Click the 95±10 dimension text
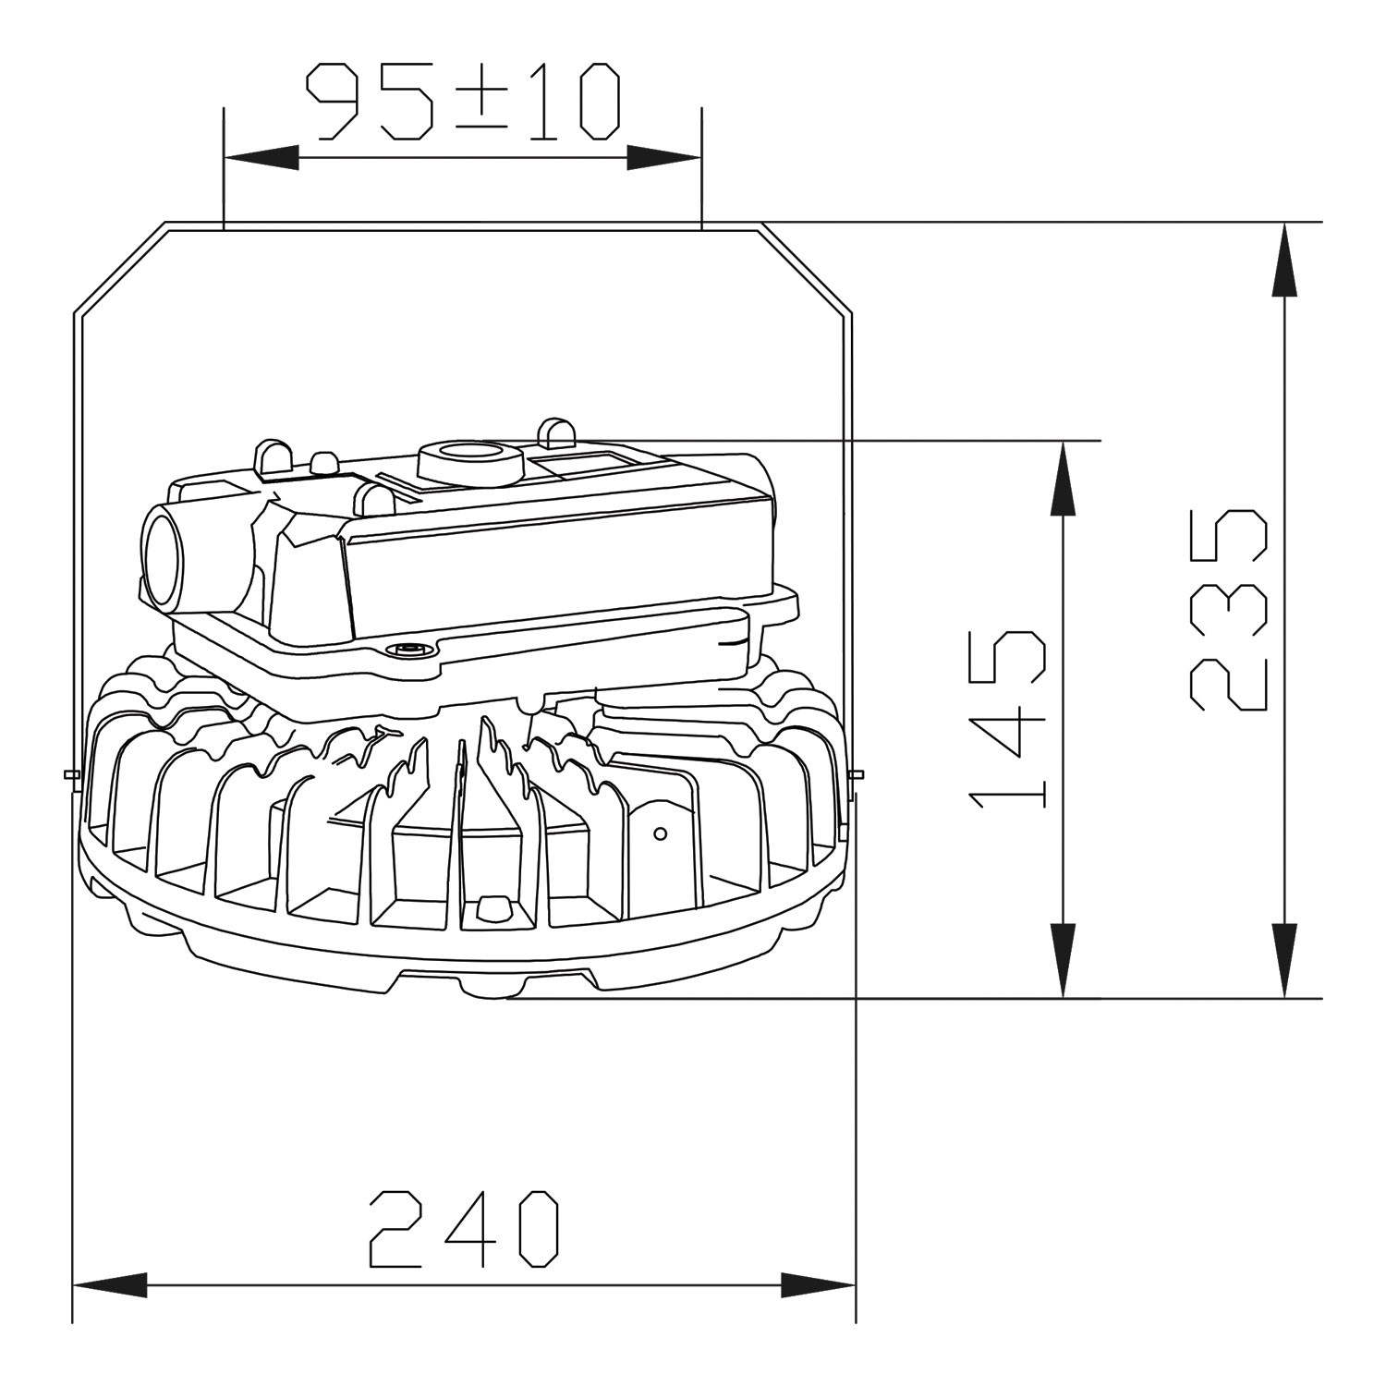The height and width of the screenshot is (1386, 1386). click(x=463, y=102)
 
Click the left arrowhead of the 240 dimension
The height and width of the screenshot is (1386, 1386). click(x=110, y=1284)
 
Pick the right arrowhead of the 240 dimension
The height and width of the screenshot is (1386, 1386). click(x=819, y=1284)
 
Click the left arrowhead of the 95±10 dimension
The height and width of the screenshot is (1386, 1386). click(x=261, y=158)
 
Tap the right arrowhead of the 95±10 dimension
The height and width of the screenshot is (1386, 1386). click(x=664, y=158)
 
